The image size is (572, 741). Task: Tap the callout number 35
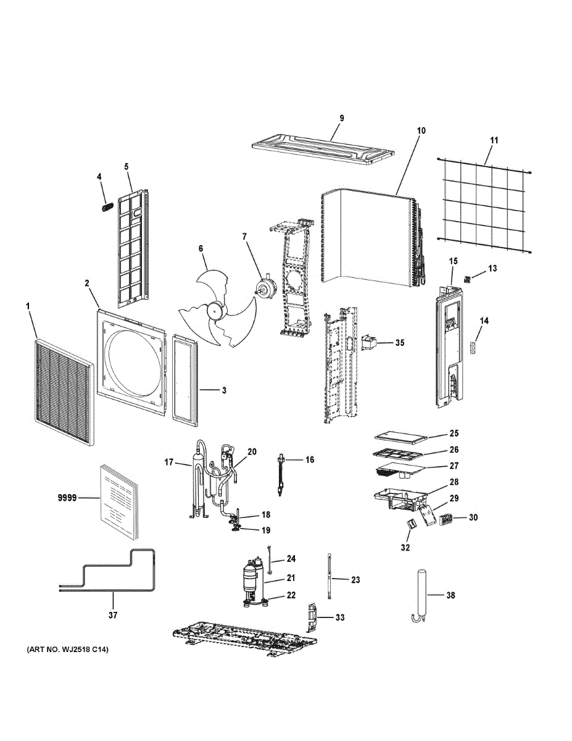400,342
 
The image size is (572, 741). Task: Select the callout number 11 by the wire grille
494,140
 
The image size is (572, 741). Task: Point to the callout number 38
450,595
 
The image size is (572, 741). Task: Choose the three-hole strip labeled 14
473,346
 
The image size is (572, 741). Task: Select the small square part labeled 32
411,524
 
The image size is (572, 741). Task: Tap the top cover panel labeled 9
323,149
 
